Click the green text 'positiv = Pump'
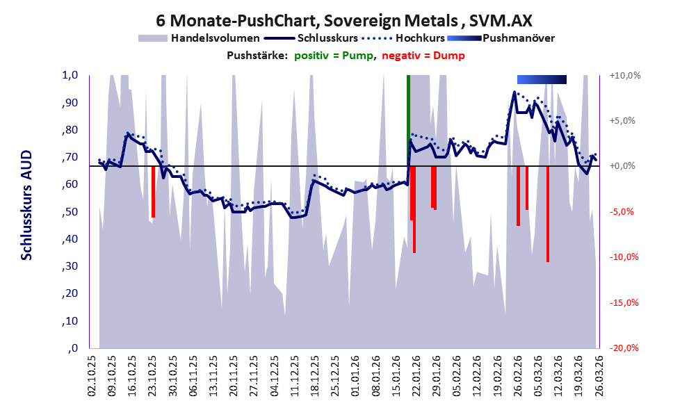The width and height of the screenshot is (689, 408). (x=333, y=56)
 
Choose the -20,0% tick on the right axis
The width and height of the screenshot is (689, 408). (x=624, y=348)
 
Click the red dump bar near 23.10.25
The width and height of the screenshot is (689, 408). (x=153, y=192)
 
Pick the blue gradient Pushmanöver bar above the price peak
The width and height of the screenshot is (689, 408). (x=542, y=79)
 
